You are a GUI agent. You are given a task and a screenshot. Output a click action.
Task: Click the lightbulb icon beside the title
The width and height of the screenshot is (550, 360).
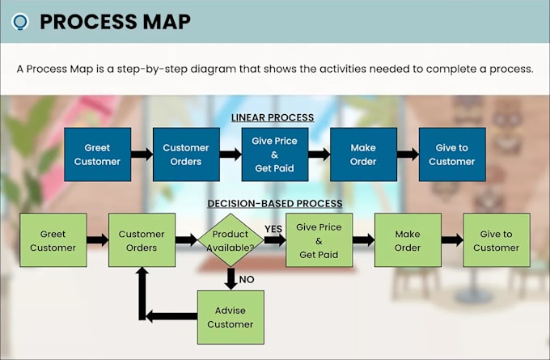point(20,22)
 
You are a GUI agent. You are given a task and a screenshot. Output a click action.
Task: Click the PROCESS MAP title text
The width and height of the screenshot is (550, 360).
point(116,22)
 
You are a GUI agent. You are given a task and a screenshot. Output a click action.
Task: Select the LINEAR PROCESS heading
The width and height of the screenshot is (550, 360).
point(273,117)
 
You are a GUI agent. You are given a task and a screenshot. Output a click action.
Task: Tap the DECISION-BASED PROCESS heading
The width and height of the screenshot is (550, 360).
point(275,204)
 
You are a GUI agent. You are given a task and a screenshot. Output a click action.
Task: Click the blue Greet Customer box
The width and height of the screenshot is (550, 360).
point(98,155)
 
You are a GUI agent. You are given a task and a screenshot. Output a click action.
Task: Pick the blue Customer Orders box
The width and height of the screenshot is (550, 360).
point(186,155)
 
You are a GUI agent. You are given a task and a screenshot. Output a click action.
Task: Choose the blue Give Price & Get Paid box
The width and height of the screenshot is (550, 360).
point(275,155)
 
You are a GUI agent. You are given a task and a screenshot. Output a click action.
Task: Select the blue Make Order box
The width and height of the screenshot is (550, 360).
point(363,155)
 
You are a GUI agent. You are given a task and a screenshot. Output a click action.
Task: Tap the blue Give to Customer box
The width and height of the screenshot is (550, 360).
point(452,155)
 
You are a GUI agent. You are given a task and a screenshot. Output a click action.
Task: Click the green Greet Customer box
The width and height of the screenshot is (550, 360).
point(53,240)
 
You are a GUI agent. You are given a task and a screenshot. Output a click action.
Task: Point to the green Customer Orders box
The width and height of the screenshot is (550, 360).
point(142,240)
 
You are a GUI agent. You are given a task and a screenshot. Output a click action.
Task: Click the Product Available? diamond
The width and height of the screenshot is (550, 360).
point(231,240)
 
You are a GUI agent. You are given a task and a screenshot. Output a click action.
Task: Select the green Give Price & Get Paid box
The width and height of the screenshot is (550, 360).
point(319,240)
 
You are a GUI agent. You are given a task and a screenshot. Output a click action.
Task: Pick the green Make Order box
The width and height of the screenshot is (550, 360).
point(408,240)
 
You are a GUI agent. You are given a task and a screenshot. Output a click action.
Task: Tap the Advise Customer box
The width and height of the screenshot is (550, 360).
point(231,317)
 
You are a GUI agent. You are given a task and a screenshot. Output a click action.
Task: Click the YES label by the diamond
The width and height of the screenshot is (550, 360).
point(273,229)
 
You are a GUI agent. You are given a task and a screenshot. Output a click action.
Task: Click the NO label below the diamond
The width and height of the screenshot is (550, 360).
point(247,280)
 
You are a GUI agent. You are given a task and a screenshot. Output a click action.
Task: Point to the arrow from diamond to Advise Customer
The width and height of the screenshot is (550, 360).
point(231,279)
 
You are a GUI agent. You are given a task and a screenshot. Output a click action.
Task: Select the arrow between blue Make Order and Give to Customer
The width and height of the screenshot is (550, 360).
point(408,154)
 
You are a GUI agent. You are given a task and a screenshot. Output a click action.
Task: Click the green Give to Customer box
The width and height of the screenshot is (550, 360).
point(497,240)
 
